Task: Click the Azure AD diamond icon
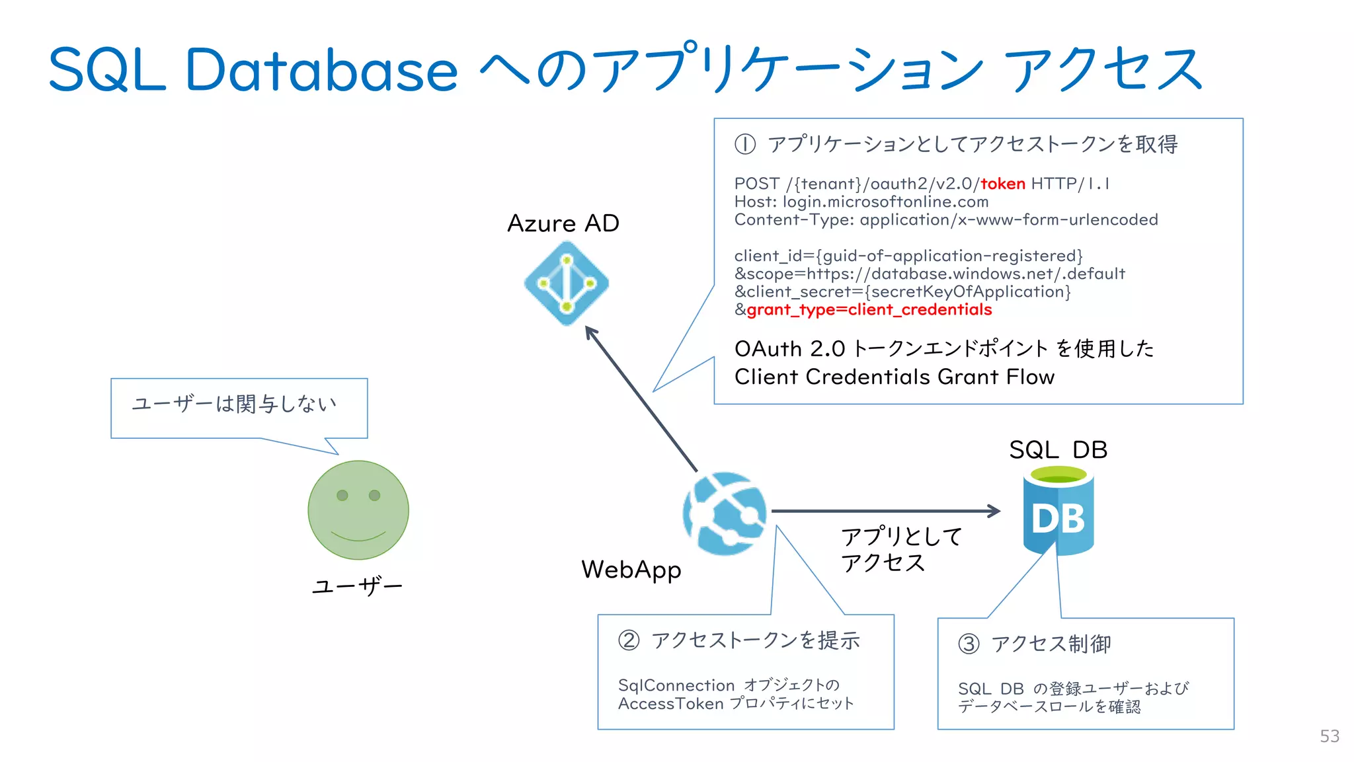566,284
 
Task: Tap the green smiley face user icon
358,510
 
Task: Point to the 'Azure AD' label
563,223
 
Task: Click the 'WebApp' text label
631,570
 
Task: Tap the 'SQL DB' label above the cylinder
1058,450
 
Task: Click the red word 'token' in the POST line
1002,184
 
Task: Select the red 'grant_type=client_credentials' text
869,310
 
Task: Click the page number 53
1330,736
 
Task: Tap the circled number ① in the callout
745,144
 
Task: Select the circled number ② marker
629,640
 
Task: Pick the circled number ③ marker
969,644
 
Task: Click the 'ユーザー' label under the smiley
357,586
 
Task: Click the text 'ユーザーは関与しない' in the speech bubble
235,404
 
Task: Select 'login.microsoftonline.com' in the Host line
885,202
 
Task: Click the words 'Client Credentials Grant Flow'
894,377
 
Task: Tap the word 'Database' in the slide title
321,70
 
